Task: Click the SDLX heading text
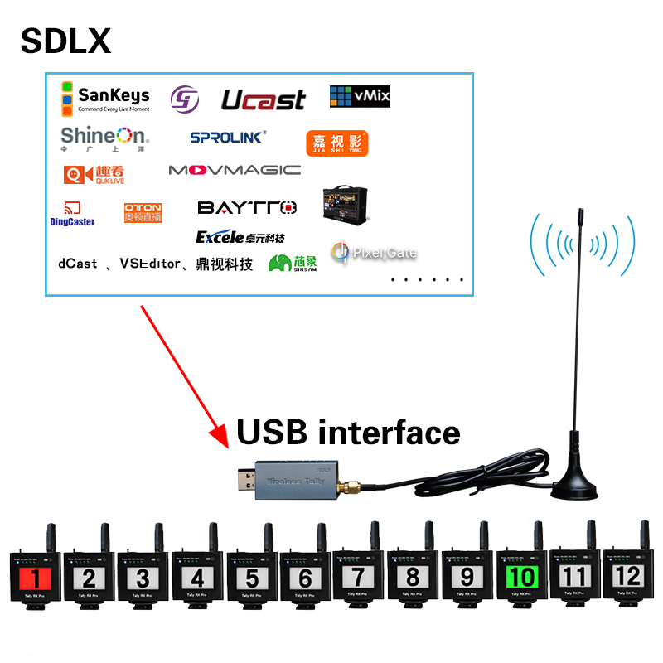pos(65,41)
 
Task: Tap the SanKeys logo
pos(104,98)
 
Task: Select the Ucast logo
pos(263,100)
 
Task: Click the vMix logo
pos(360,96)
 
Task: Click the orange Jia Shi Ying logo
pos(336,143)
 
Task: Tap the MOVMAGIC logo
pos(235,170)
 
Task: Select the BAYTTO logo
pos(247,206)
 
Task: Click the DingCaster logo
pos(72,214)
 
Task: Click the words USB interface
pos(348,432)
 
